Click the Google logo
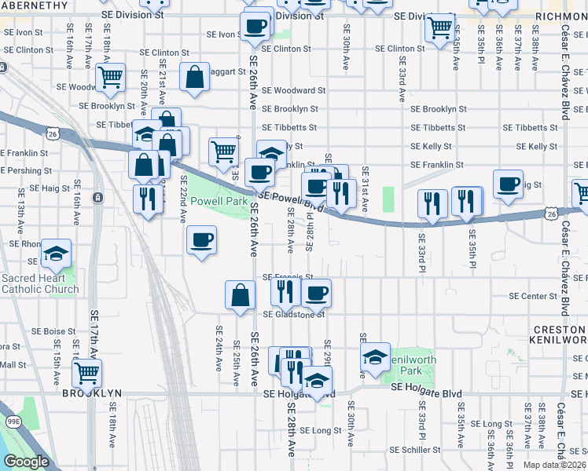26,462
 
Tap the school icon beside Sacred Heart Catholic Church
56,254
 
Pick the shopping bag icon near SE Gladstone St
240,294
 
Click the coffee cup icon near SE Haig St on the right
509,184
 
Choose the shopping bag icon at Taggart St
194,77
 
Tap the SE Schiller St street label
416,450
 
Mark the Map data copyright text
553,465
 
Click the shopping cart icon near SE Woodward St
111,77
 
